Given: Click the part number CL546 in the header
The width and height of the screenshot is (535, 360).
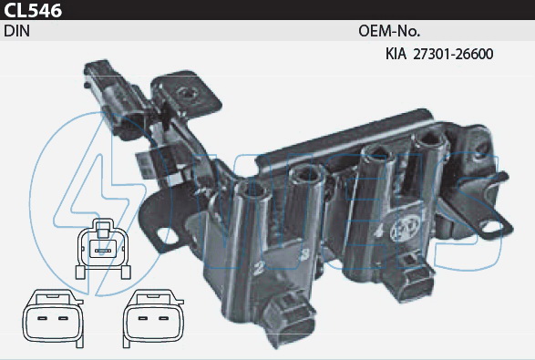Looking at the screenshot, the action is pos(33,11).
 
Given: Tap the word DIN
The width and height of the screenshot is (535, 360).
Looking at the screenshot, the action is pos(17,31).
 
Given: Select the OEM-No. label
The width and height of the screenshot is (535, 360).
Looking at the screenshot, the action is pos(389,31).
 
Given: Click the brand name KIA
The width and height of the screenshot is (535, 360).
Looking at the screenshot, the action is pos(396,54).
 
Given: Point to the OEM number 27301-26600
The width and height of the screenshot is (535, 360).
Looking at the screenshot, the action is pos(453,54).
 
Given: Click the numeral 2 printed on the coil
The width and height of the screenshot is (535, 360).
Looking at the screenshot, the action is pos(258,269).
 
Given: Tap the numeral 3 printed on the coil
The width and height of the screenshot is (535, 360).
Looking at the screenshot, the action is pos(304,254).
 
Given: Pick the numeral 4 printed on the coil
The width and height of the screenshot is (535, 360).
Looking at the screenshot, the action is pos(378,232).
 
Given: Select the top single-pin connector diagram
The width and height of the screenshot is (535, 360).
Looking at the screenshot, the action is pos(103,249).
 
